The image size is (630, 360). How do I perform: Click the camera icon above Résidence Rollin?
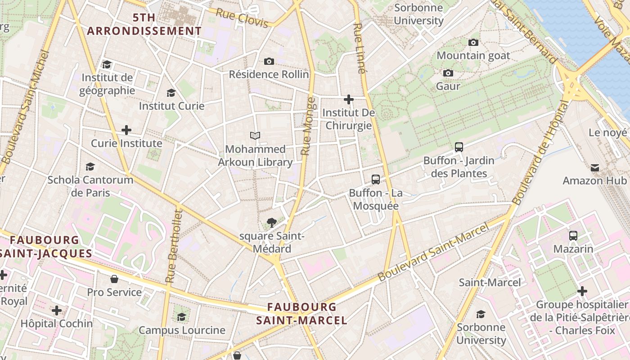tap(269, 61)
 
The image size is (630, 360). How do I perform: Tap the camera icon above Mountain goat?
tap(473, 42)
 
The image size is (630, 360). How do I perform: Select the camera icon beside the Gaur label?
tap(448, 73)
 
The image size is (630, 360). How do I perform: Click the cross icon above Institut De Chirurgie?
tap(348, 99)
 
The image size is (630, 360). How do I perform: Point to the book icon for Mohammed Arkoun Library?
tap(255, 135)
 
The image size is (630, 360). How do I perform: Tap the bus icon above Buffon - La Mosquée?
tap(376, 180)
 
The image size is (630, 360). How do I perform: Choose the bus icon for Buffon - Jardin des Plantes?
tap(459, 147)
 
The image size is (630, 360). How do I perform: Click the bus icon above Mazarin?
tap(573, 235)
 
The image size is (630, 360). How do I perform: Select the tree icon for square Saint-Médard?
tap(271, 222)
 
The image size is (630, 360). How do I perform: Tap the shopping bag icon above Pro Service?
tap(114, 279)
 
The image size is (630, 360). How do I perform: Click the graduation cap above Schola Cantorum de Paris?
tap(90, 166)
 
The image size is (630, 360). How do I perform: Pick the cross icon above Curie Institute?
tap(126, 130)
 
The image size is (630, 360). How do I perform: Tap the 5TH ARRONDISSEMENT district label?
tap(144, 24)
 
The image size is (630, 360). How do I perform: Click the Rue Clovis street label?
tap(242, 18)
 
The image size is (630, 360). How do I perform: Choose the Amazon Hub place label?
tap(594, 180)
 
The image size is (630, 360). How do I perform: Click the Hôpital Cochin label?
tap(57, 323)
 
